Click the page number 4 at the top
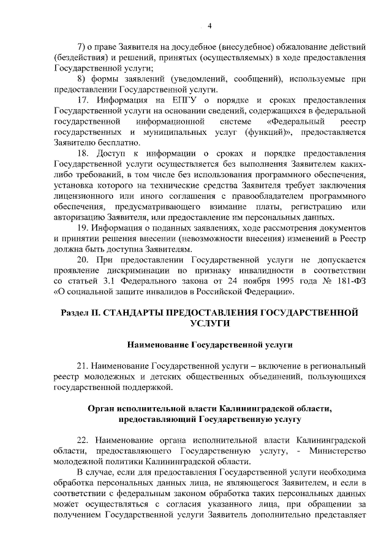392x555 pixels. (x=209, y=25)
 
